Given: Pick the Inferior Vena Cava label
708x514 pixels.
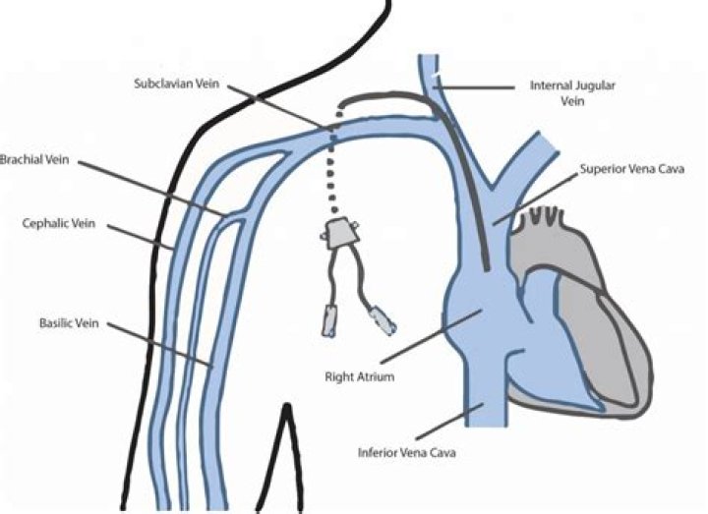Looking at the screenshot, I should (x=400, y=453).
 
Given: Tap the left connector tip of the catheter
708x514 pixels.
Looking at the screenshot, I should (x=328, y=320).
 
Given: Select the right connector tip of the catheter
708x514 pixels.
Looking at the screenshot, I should (x=379, y=319).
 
